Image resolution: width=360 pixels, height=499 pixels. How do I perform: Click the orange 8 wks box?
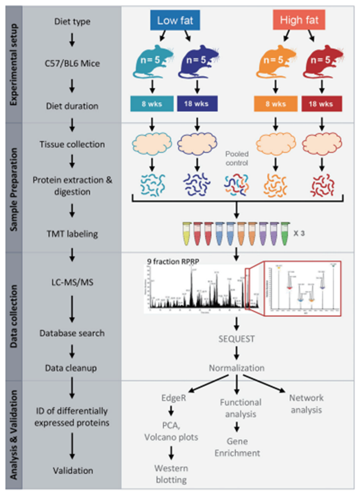pyautogui.click(x=275, y=104)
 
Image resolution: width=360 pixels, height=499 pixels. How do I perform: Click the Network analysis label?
pyautogui.click(x=306, y=404)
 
